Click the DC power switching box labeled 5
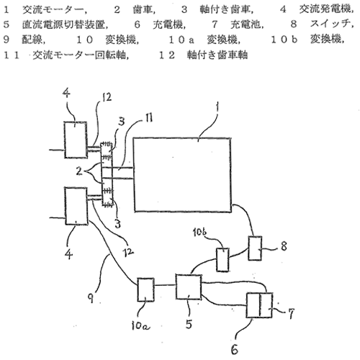[x=189, y=287]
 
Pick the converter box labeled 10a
[x=145, y=289]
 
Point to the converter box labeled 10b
[x=222, y=260]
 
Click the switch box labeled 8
[x=255, y=248]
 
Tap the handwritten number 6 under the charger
[x=235, y=349]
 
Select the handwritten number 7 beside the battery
[x=291, y=314]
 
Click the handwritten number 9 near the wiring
[x=91, y=298]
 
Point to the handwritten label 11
[x=149, y=117]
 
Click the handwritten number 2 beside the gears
[x=79, y=171]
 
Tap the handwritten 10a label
[x=140, y=325]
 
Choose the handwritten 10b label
[x=199, y=232]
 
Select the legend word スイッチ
[x=330, y=24]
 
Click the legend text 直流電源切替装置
[x=63, y=24]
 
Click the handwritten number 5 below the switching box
[x=189, y=324]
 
